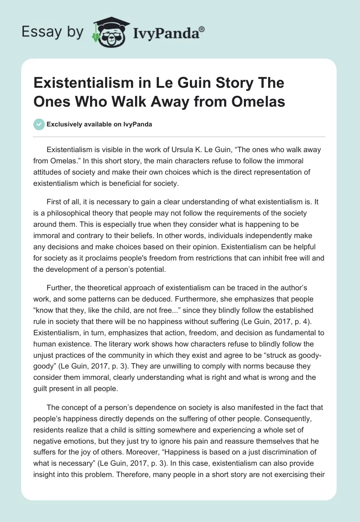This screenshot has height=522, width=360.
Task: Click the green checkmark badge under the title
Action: point(40,124)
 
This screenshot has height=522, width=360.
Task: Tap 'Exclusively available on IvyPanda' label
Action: point(99,125)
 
